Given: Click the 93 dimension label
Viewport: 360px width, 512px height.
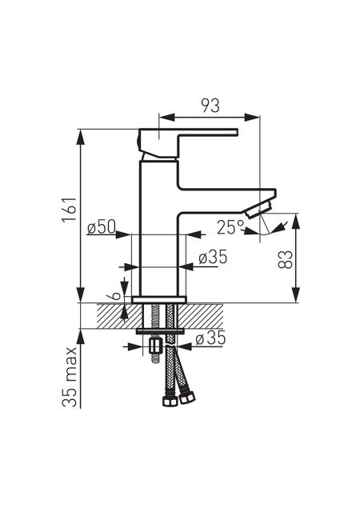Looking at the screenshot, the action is (x=210, y=106).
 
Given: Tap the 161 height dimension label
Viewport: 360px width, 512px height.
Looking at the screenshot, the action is (x=70, y=210).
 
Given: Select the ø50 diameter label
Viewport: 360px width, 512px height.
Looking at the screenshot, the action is (x=102, y=226).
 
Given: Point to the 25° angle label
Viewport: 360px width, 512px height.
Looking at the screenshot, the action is (x=230, y=226).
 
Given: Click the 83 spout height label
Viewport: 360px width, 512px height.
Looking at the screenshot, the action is (x=285, y=259).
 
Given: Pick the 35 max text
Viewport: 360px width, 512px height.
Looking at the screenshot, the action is (x=70, y=377).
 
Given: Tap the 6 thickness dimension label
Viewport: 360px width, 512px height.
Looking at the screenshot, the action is (x=115, y=296).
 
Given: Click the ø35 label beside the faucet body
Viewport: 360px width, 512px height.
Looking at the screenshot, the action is (x=213, y=258).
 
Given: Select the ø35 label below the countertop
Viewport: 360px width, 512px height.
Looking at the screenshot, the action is (x=210, y=338).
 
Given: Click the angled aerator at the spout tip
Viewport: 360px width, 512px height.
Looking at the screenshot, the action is (x=259, y=210).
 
